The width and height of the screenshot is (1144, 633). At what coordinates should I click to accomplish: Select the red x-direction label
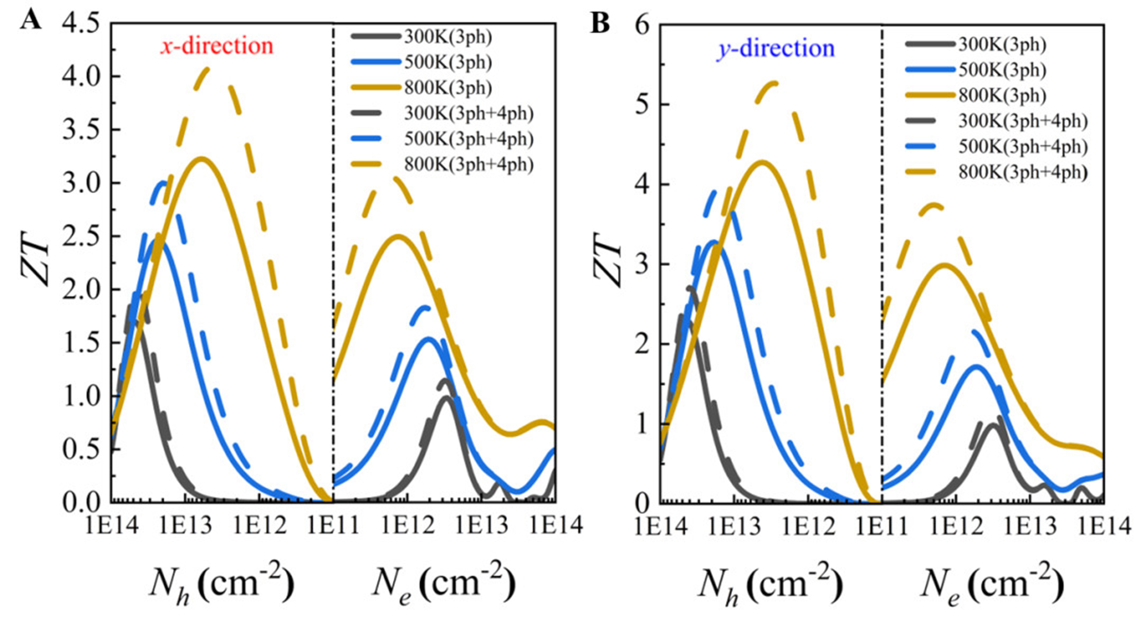[x=217, y=46]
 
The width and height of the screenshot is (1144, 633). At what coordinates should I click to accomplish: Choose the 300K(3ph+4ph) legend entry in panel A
[x=468, y=114]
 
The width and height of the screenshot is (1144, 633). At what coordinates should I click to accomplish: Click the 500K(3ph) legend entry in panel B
[x=1001, y=70]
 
